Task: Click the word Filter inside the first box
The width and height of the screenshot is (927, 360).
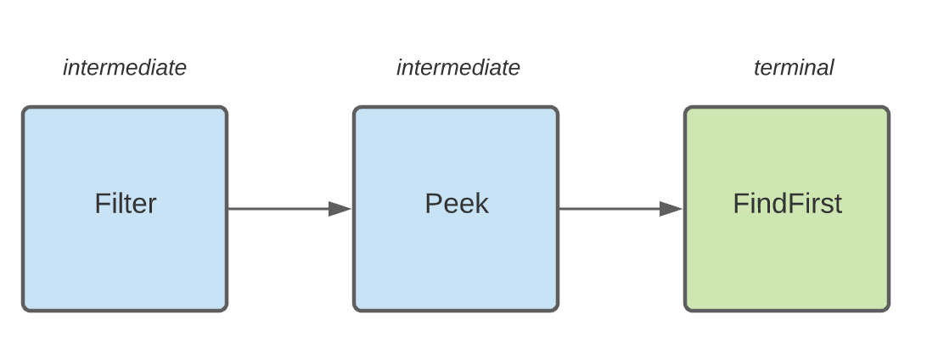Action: pos(125,204)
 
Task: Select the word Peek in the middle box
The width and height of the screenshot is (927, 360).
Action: pos(456,204)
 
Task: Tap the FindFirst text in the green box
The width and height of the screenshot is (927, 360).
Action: pos(787,204)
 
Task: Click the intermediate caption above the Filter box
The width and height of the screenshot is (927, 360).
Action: pos(125,68)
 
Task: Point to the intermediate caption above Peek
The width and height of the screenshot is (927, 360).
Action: pos(458,68)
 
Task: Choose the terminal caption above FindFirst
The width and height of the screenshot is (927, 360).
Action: pos(794,68)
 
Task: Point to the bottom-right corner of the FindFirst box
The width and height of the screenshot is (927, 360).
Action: pos(887,309)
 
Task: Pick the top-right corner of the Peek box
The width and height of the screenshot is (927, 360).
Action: pos(556,109)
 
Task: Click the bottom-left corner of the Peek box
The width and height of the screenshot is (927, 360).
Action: pos(356,309)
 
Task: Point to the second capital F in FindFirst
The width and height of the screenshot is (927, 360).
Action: pos(790,204)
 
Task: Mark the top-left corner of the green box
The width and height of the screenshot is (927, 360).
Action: pos(687,109)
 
